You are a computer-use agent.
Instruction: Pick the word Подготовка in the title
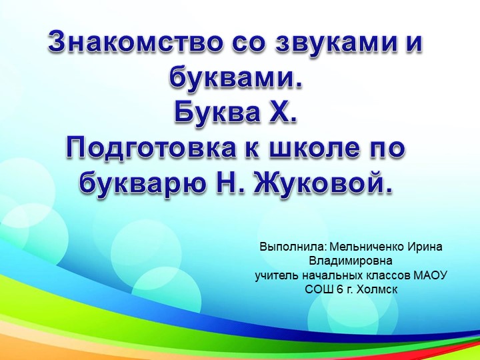[x=147, y=148]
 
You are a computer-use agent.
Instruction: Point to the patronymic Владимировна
[x=351, y=261]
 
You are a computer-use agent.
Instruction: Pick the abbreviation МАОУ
[x=431, y=275]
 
